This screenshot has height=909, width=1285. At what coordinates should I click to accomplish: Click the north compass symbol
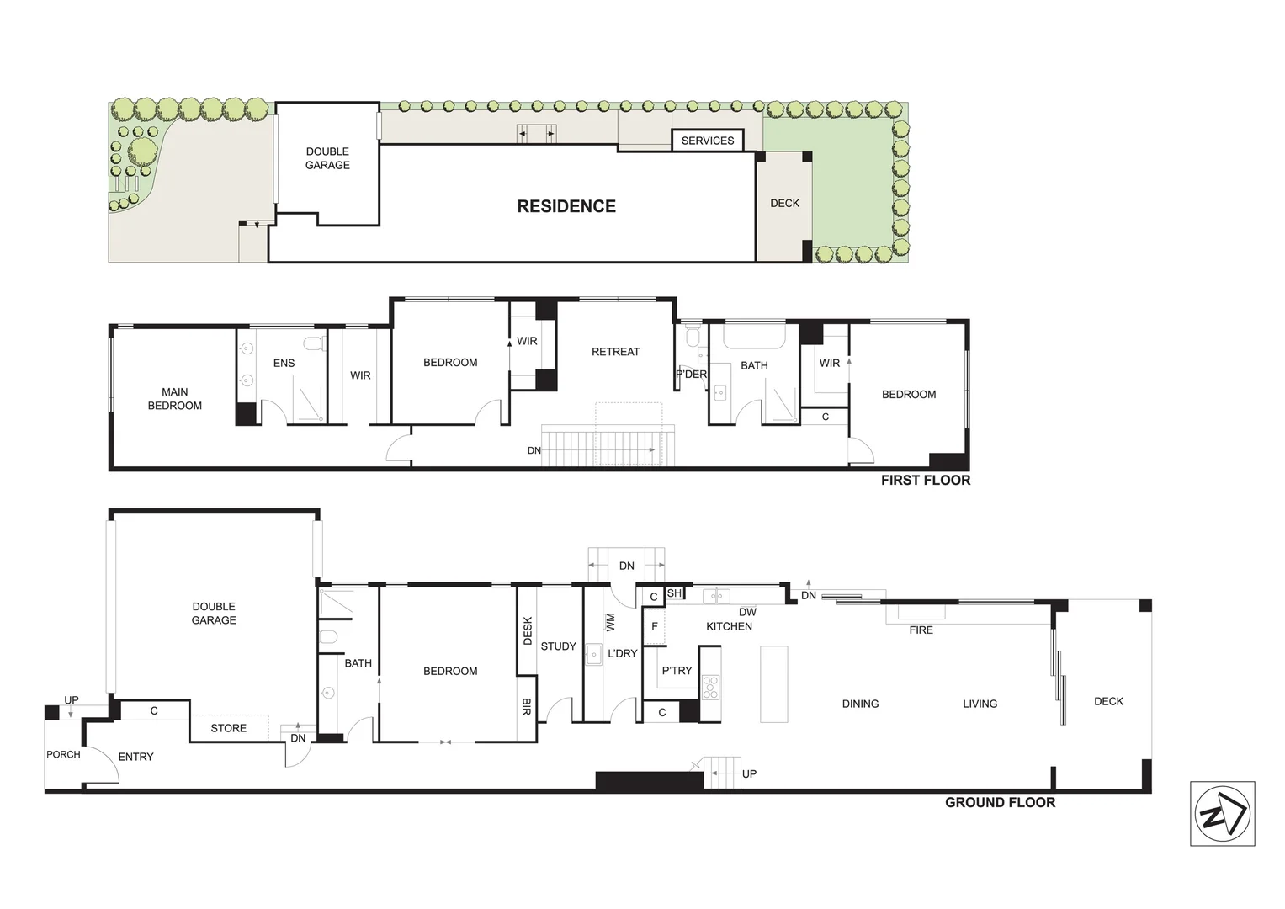1222,814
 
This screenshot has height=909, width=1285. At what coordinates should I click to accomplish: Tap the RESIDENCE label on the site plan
566,206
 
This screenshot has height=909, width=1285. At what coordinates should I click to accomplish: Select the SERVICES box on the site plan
707,141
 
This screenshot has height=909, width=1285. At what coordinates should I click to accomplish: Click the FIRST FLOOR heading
925,480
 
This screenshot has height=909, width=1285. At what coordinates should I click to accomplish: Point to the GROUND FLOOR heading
999,802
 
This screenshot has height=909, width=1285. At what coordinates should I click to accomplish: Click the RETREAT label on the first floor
615,352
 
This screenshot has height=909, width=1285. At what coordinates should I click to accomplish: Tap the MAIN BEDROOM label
175,398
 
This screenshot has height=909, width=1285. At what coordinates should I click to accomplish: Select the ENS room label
284,363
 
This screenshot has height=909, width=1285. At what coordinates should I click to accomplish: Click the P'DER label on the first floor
691,375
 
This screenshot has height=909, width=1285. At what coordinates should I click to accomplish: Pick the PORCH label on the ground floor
63,754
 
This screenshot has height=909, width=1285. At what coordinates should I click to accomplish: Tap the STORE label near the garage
228,728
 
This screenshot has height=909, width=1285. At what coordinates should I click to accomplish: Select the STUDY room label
558,646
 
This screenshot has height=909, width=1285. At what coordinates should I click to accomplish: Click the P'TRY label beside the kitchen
676,671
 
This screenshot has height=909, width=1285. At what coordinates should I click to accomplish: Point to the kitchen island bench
773,683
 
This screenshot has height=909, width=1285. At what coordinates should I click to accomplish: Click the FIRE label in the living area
921,630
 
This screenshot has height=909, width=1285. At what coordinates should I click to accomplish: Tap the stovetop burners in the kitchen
711,687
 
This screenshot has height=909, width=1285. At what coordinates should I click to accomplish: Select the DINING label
860,704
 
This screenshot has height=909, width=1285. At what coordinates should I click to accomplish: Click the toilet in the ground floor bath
328,636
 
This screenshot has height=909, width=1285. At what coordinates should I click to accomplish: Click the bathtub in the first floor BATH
754,337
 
